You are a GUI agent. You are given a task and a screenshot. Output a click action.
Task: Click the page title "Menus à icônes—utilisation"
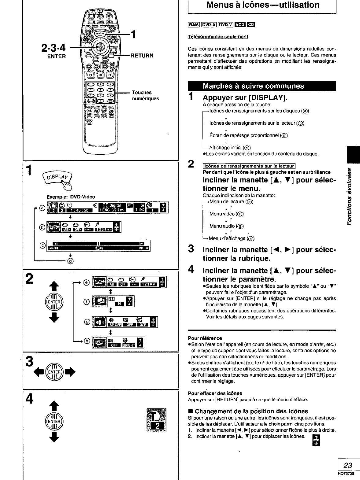263,5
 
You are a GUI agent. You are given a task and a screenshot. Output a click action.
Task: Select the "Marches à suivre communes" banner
253,86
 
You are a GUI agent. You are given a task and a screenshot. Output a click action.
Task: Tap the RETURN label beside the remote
142,56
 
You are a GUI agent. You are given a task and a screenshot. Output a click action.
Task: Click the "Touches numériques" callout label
145,95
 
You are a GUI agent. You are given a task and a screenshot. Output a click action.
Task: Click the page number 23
348,466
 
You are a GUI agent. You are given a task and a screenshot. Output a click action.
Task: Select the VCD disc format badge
239,25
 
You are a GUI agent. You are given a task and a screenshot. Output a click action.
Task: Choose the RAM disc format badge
194,25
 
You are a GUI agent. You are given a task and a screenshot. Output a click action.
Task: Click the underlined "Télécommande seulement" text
218,37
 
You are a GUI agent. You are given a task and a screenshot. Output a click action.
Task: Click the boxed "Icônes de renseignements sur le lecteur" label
249,166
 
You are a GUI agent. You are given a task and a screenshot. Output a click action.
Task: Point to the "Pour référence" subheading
205,338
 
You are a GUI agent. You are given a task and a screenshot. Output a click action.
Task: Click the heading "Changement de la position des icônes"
251,411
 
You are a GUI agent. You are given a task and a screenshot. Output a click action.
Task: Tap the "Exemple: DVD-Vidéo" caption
71,197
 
